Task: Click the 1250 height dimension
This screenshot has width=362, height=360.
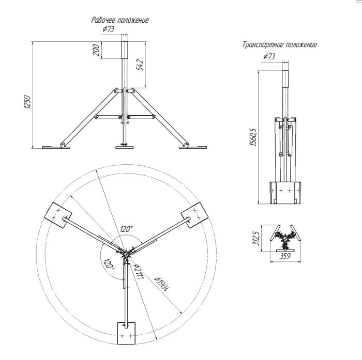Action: [x=27, y=102]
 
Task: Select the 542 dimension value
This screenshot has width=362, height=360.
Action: [x=140, y=65]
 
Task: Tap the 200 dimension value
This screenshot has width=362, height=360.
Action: [x=96, y=50]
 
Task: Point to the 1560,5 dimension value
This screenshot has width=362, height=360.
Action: [x=253, y=136]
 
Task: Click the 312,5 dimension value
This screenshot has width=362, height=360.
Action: [x=257, y=238]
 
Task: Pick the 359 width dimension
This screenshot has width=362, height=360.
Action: [x=285, y=256]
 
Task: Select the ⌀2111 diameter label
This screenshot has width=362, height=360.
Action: [x=138, y=271]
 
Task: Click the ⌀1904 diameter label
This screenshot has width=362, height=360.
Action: [x=162, y=284]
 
